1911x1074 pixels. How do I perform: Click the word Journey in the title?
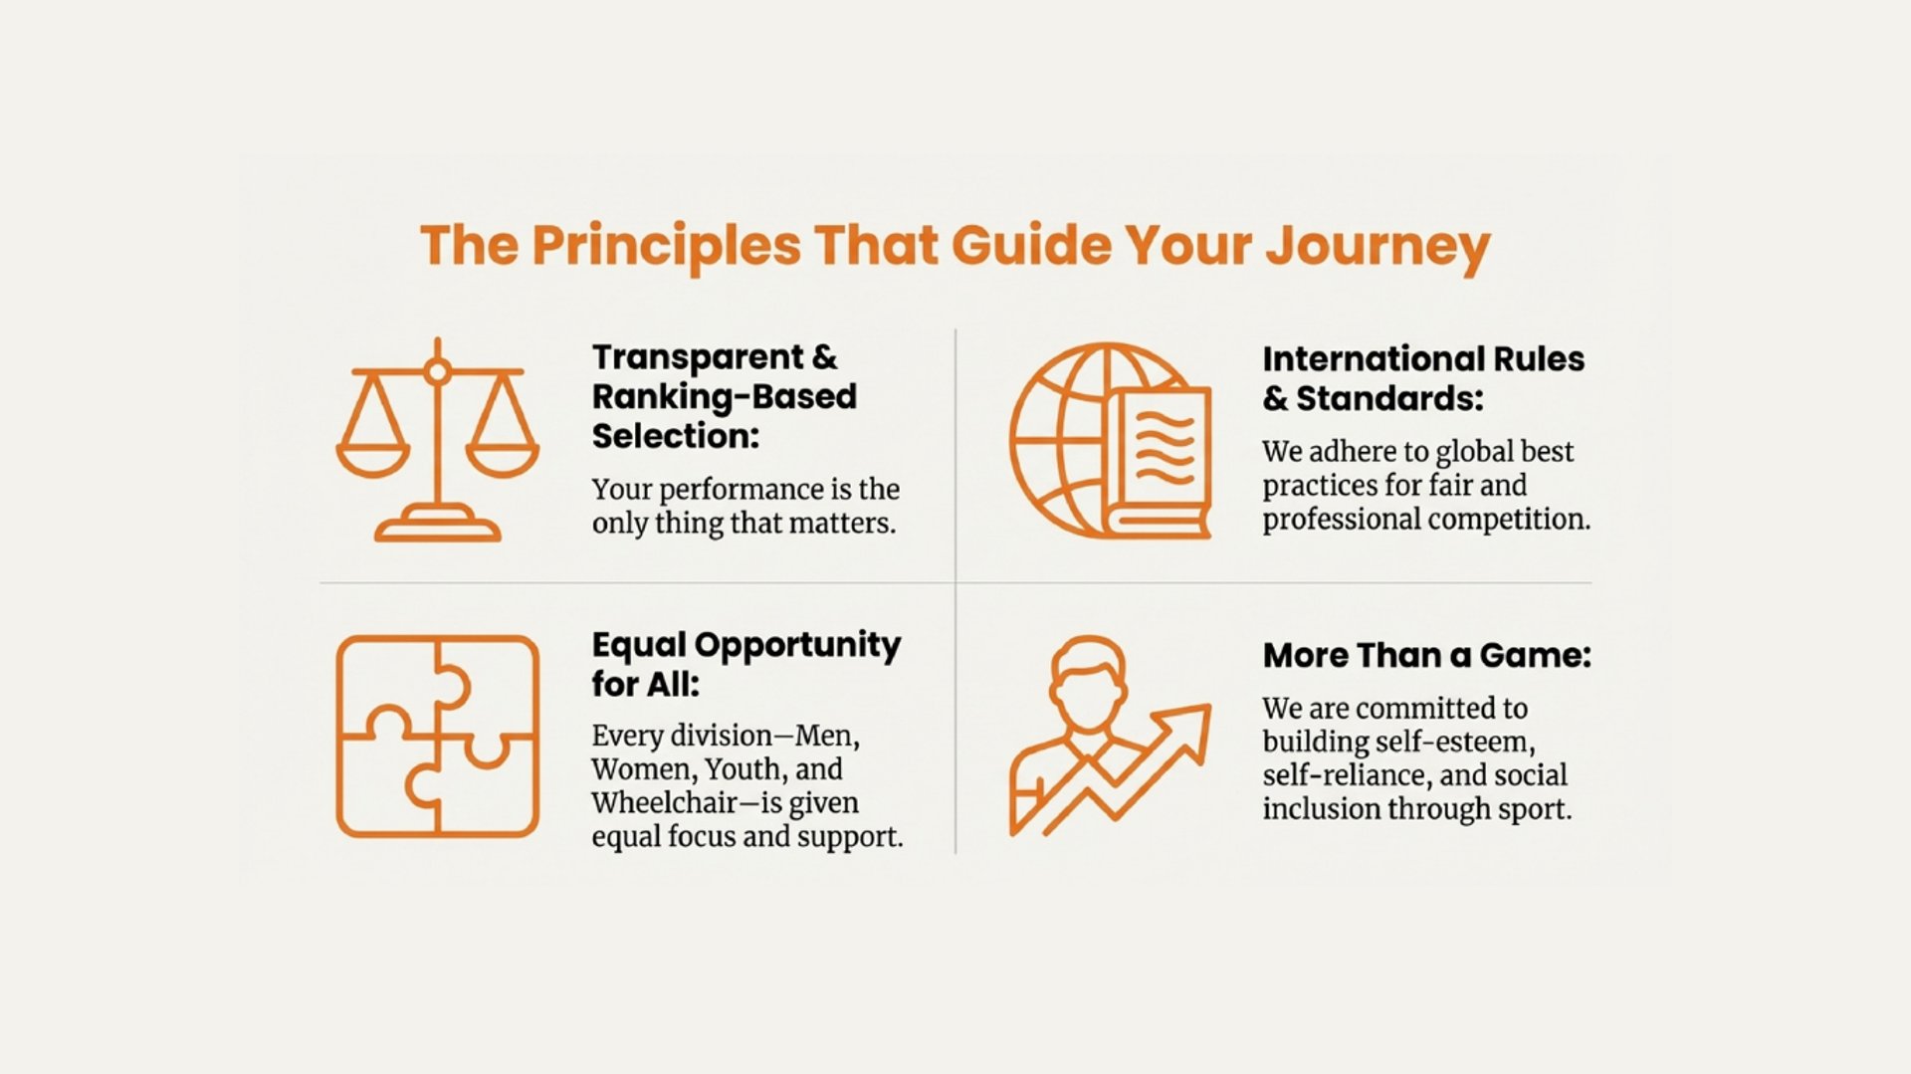[1378, 246]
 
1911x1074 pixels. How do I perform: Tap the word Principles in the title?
[666, 246]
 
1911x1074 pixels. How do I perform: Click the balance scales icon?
[438, 440]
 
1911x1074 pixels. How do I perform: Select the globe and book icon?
[1111, 441]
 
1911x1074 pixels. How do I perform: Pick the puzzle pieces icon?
[438, 737]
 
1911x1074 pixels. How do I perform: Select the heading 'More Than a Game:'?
[1427, 655]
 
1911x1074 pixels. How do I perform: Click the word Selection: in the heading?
[676, 436]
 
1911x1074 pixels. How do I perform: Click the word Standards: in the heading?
[1389, 398]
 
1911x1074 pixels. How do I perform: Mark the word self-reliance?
[1346, 774]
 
